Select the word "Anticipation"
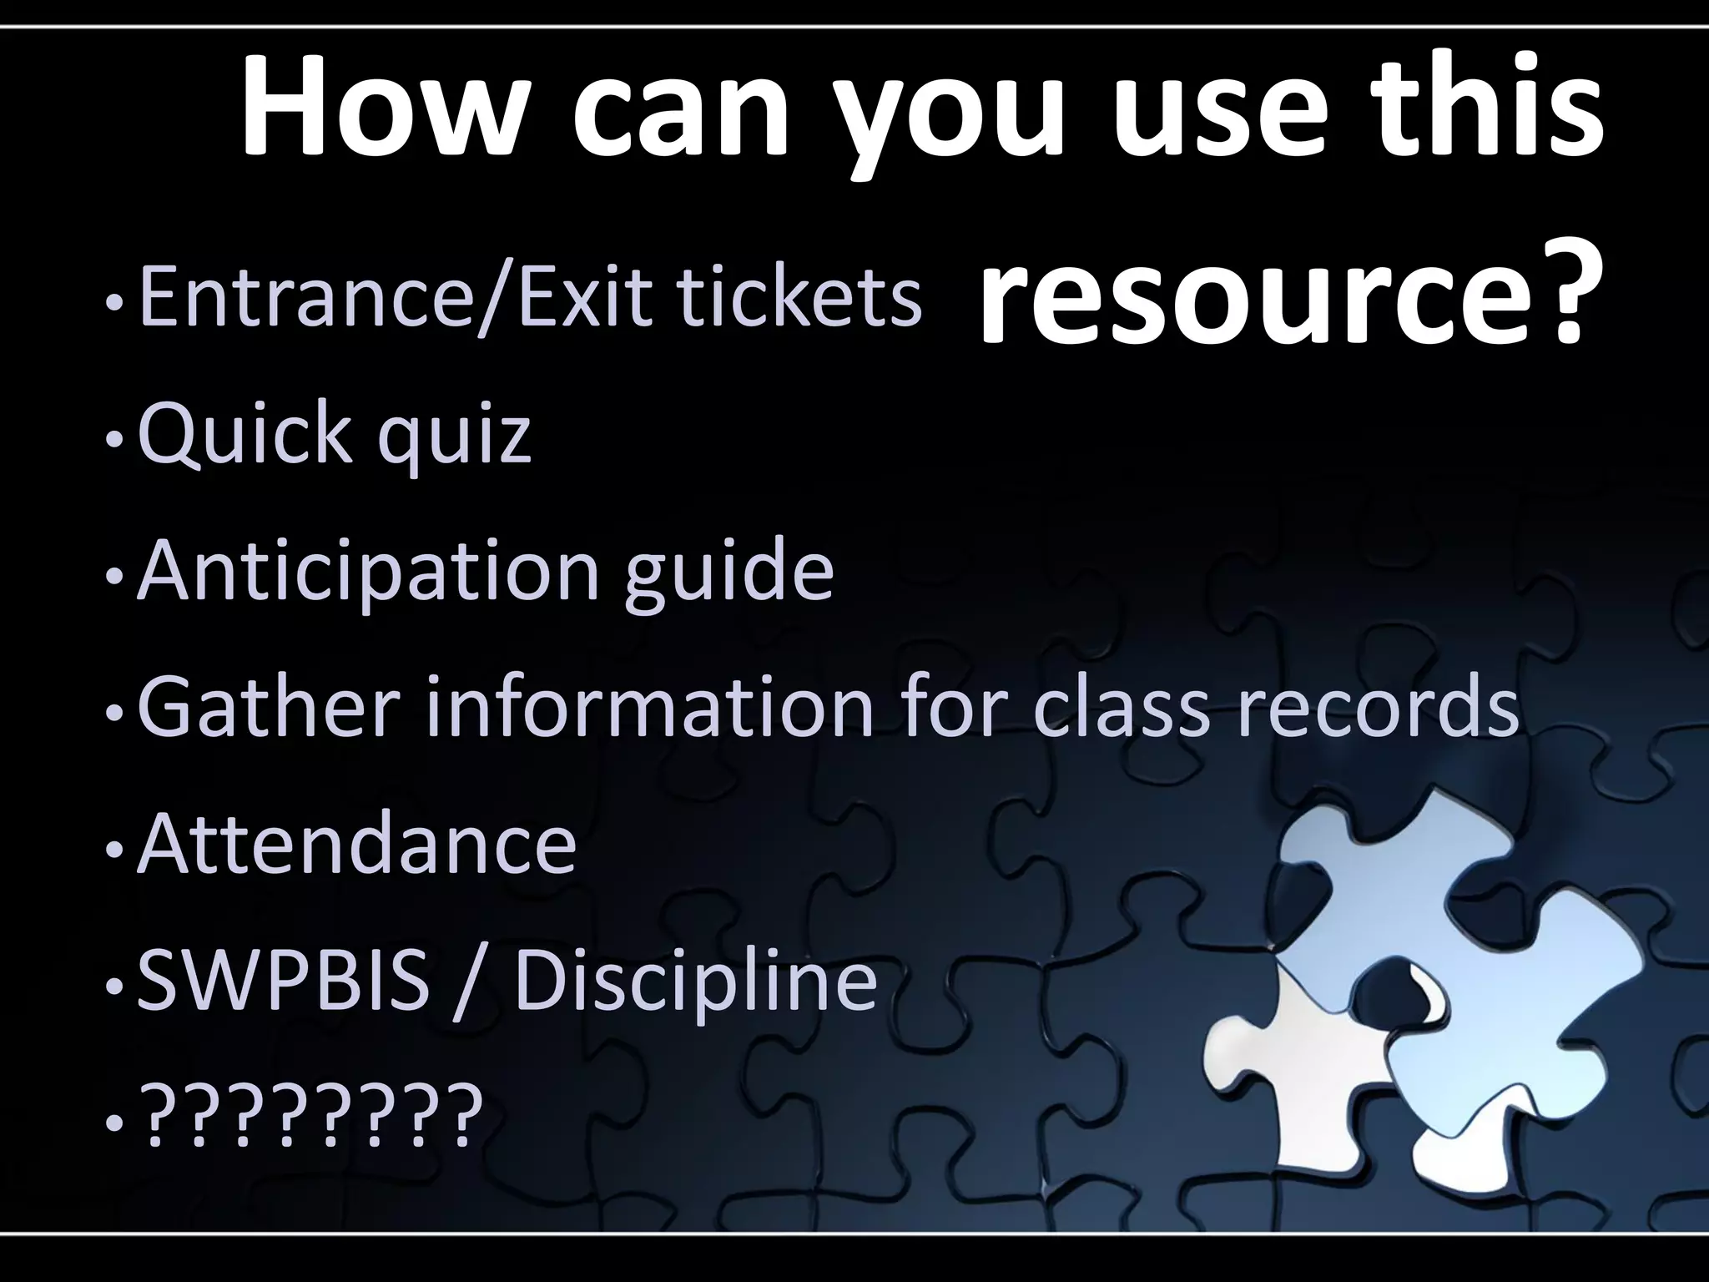[x=367, y=573]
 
